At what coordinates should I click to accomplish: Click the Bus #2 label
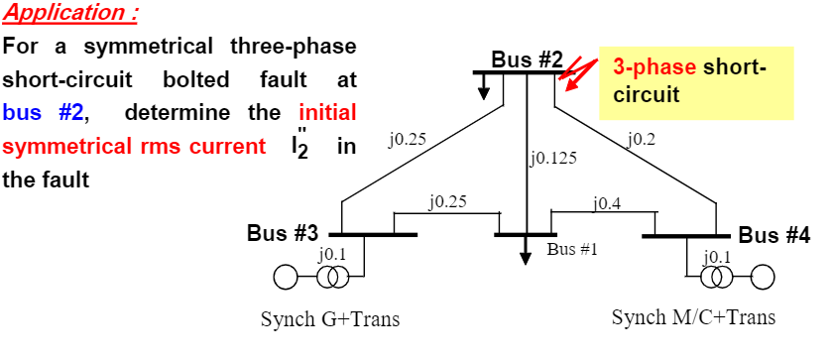click(x=527, y=59)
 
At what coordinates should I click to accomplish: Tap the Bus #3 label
click(x=283, y=234)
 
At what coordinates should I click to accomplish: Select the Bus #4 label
click(x=773, y=235)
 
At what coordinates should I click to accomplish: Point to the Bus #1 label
click(x=572, y=248)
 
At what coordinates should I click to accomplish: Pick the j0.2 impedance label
click(x=643, y=139)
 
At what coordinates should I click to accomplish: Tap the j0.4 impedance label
click(x=607, y=203)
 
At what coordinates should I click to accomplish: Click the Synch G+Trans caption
click(x=330, y=319)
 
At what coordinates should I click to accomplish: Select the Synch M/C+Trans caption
click(x=693, y=317)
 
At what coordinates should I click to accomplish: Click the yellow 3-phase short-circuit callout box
click(x=695, y=81)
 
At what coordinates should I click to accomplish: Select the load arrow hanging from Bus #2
click(x=484, y=88)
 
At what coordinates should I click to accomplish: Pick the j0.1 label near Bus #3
click(x=332, y=255)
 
